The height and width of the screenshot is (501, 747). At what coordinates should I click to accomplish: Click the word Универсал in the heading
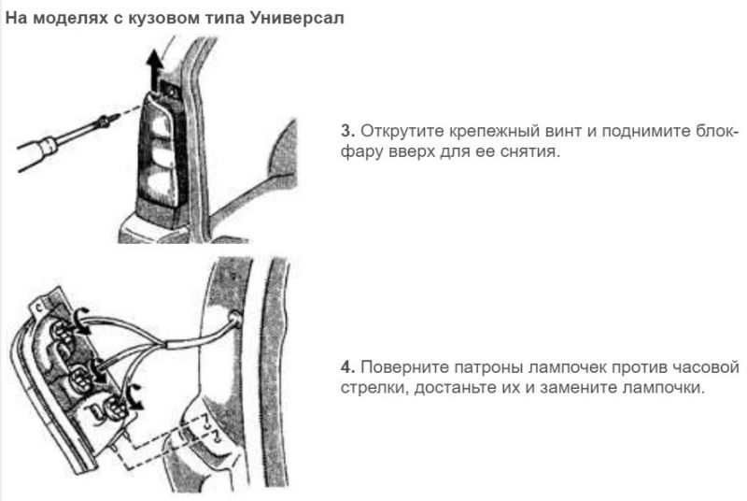[296, 19]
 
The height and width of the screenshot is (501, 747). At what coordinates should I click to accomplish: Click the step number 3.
[347, 131]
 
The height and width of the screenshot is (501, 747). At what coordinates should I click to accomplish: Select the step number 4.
[347, 367]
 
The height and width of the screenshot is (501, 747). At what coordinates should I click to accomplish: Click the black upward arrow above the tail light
[154, 70]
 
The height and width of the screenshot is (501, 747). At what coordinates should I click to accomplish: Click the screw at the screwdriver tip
[104, 122]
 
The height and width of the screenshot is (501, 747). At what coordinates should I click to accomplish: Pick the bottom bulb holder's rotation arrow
[134, 396]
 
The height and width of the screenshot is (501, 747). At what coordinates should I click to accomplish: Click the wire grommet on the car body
[234, 317]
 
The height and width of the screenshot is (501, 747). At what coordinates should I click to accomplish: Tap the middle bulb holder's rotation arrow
[100, 371]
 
